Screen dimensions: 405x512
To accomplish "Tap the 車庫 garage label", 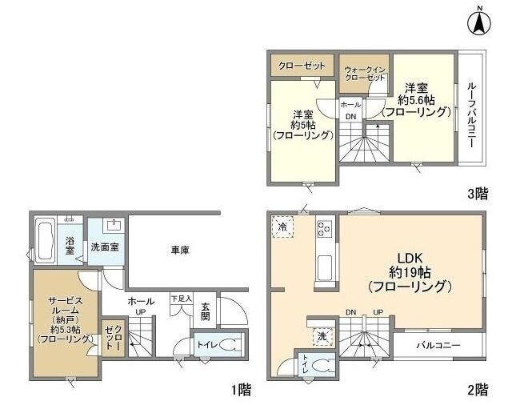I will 180,251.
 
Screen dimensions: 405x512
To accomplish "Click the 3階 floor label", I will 478,193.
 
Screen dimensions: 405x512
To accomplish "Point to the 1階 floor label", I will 242,390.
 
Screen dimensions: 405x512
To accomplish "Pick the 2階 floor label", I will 478,390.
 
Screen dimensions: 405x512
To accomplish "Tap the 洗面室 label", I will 105,247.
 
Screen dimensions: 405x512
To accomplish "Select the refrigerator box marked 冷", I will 282,227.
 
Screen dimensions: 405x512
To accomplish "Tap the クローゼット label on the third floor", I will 302,64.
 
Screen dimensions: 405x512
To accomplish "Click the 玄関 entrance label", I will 206,311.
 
